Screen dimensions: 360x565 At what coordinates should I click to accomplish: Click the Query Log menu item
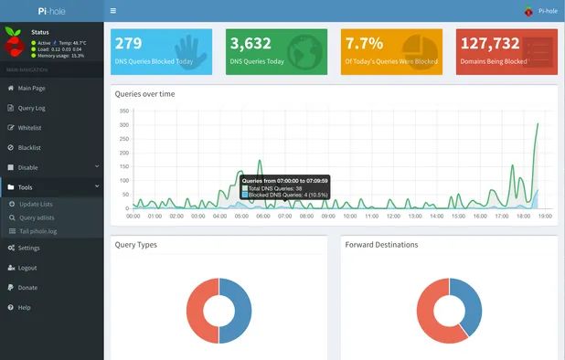tap(32, 108)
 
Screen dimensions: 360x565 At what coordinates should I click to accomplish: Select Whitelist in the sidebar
tap(29, 128)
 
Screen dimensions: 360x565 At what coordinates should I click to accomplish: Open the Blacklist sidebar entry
tap(29, 147)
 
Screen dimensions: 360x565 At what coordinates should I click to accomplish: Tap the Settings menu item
tap(28, 248)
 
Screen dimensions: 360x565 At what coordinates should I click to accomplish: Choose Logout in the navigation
tap(27, 268)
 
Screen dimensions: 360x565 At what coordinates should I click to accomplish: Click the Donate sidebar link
tap(27, 288)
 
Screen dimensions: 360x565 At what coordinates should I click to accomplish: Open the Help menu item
tap(24, 308)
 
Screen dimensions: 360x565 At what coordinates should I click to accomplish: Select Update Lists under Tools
tap(36, 204)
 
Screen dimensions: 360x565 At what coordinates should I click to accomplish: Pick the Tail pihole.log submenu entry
tap(38, 232)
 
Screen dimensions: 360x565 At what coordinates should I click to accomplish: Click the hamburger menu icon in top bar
tap(112, 11)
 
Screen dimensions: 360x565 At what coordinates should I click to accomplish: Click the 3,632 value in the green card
tap(251, 43)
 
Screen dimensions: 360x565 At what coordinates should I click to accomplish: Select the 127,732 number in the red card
tap(489, 43)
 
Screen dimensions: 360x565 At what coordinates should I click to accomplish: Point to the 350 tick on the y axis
tap(124, 111)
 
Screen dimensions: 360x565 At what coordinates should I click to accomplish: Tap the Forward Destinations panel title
tap(381, 245)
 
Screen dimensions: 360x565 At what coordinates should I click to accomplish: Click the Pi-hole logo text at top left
tap(51, 11)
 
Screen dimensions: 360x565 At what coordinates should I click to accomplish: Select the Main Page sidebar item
tap(32, 88)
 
